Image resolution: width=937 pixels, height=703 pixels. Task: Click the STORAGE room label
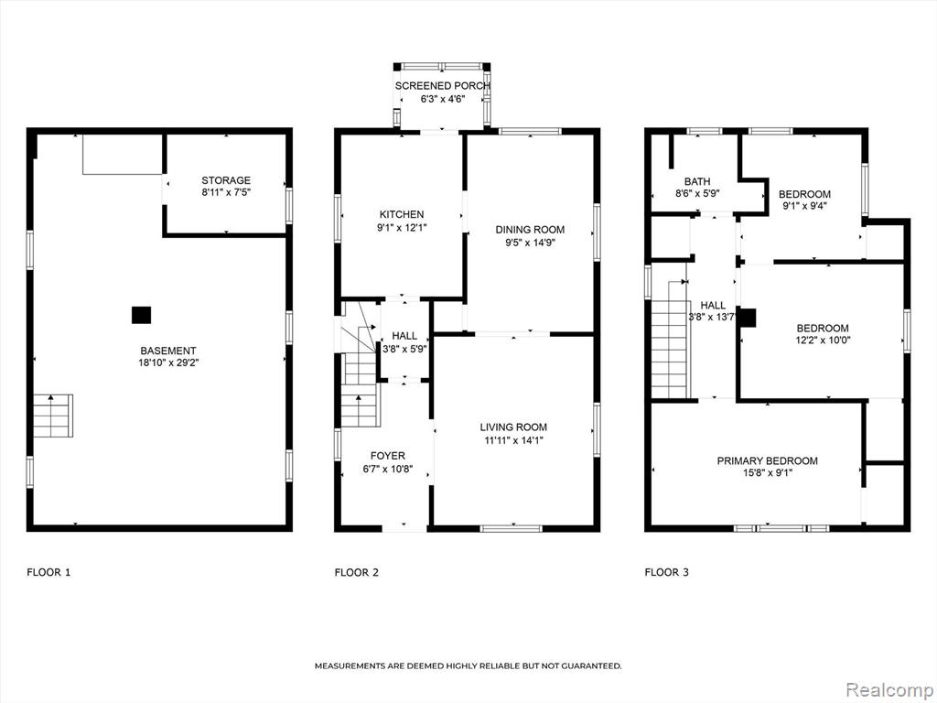pyautogui.click(x=226, y=180)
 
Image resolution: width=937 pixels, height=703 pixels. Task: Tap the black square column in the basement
pyautogui.click(x=141, y=315)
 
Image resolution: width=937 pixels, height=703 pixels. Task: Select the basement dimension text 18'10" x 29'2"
pyautogui.click(x=168, y=362)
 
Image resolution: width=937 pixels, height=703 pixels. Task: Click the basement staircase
pyautogui.click(x=52, y=416)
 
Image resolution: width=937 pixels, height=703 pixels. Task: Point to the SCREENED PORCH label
pyautogui.click(x=442, y=86)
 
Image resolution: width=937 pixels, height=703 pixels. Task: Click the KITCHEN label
pyautogui.click(x=402, y=214)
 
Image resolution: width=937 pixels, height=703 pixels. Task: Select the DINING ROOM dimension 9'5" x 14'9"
pyautogui.click(x=530, y=242)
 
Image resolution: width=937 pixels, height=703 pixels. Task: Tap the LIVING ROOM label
pyautogui.click(x=513, y=427)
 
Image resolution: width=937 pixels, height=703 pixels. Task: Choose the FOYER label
pyautogui.click(x=388, y=456)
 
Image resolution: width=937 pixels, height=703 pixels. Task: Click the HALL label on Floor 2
pyautogui.click(x=404, y=336)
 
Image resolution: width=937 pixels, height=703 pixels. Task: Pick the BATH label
pyautogui.click(x=697, y=181)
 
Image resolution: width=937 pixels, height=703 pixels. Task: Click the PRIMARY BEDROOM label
pyautogui.click(x=768, y=460)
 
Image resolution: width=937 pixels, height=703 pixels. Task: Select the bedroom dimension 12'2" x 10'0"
pyautogui.click(x=823, y=341)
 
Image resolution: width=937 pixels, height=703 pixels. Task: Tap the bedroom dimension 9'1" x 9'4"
pyautogui.click(x=804, y=206)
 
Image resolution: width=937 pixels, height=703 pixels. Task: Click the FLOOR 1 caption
pyautogui.click(x=49, y=572)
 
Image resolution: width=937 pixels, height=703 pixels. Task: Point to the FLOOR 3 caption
pyautogui.click(x=667, y=572)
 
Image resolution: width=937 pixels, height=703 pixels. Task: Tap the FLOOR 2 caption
pyautogui.click(x=357, y=572)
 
